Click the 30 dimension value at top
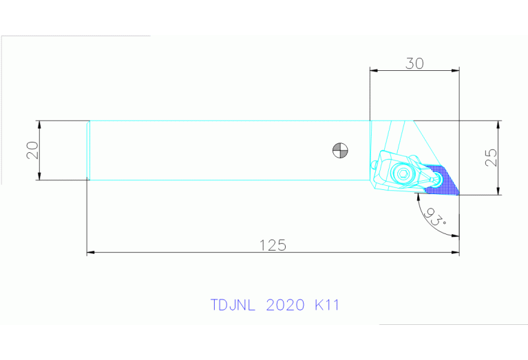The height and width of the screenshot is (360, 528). point(414,63)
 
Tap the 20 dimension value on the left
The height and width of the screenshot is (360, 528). point(32,151)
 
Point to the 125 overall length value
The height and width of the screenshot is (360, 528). point(272,244)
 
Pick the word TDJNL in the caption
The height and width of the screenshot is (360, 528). point(233,305)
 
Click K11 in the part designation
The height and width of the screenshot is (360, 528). point(326,305)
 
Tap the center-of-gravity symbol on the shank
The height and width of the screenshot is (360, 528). point(339,149)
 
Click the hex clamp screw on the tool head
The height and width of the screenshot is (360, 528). point(401,174)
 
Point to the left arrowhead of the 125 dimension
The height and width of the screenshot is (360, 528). point(90,253)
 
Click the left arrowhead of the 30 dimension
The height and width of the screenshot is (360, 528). point(374,70)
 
